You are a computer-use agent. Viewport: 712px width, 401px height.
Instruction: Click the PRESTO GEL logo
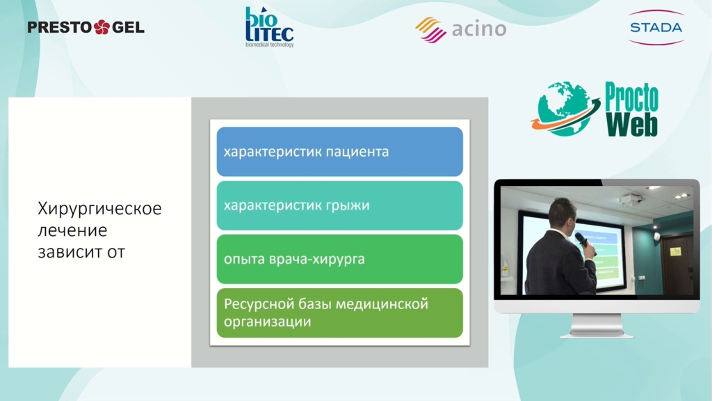86,27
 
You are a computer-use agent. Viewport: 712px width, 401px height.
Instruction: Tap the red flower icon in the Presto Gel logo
102,27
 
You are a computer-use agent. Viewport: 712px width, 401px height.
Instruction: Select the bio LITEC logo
269,27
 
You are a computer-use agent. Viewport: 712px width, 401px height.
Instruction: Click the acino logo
460,29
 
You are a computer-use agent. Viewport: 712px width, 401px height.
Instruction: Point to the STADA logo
656,28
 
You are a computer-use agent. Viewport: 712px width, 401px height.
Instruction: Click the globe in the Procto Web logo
565,109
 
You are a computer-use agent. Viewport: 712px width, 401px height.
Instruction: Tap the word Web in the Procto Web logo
631,124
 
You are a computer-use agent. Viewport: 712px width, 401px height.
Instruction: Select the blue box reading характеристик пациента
339,151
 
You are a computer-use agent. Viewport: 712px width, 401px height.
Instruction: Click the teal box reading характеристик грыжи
339,205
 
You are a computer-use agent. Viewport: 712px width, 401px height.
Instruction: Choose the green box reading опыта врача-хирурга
339,259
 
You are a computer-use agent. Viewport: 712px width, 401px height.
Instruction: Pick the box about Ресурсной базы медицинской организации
339,313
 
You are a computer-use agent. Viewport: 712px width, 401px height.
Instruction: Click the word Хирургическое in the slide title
99,209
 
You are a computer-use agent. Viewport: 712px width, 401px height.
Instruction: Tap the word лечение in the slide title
72,230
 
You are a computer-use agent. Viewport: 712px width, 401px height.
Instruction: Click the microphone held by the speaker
584,243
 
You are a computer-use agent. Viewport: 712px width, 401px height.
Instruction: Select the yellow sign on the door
675,251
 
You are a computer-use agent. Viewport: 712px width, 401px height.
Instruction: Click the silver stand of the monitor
597,326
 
